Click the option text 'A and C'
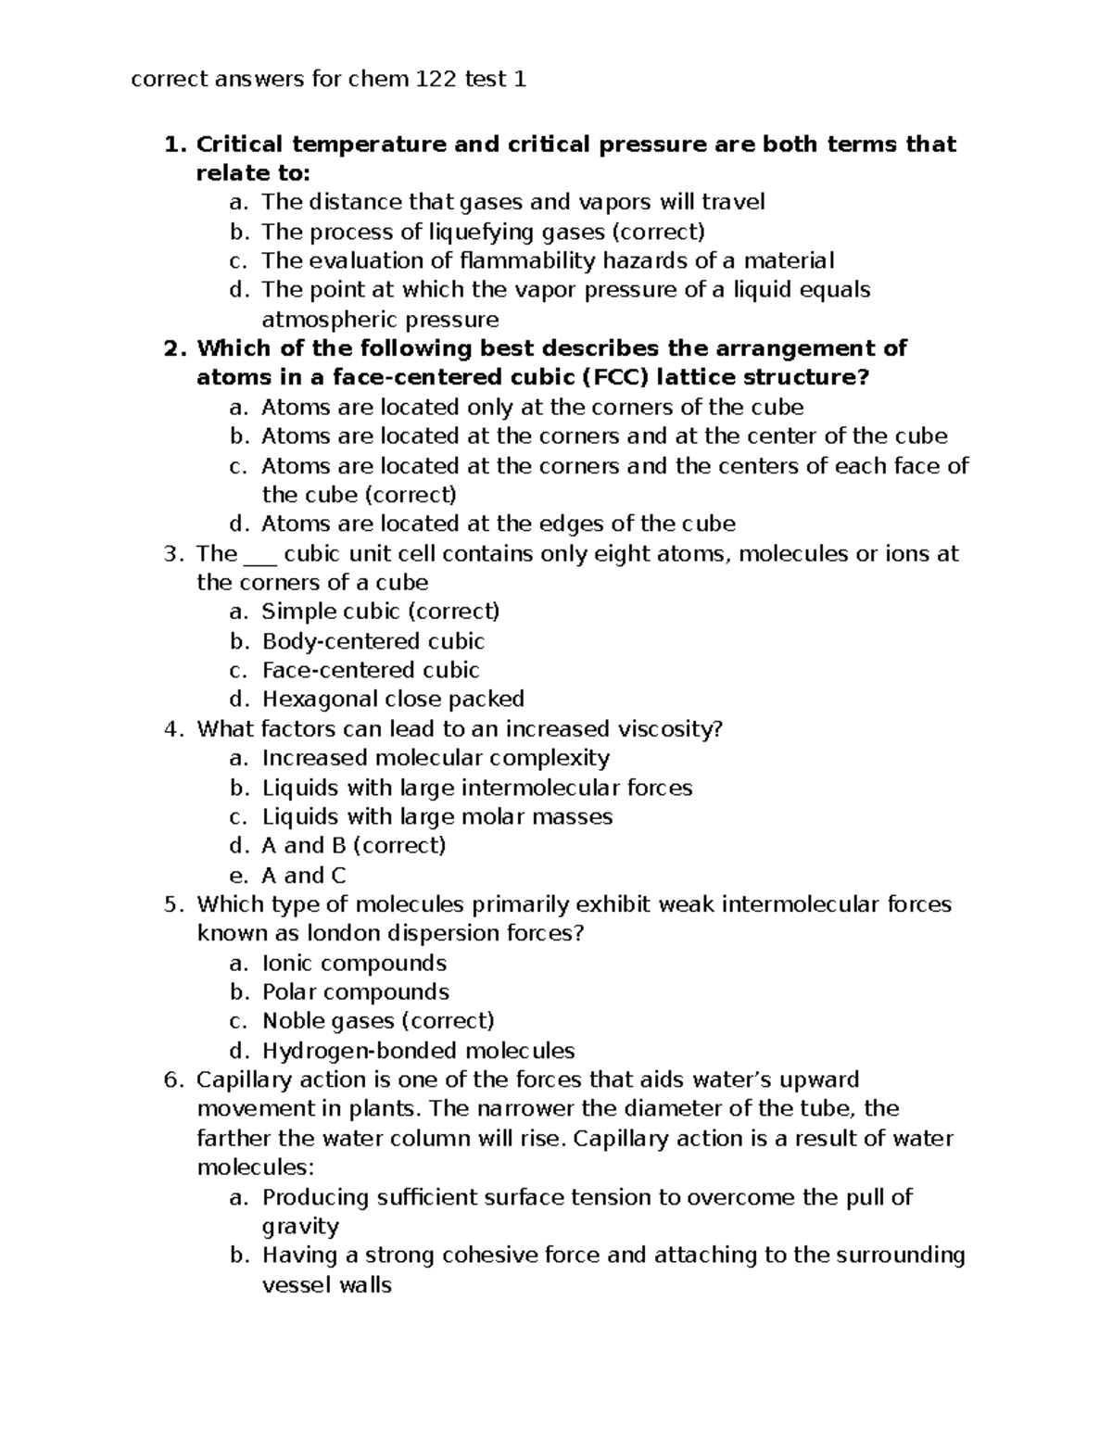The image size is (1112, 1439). [304, 875]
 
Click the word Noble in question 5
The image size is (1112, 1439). [293, 1021]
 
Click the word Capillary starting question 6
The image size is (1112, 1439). [240, 1080]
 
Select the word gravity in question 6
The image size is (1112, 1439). [300, 1227]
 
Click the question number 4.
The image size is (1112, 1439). [170, 729]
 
